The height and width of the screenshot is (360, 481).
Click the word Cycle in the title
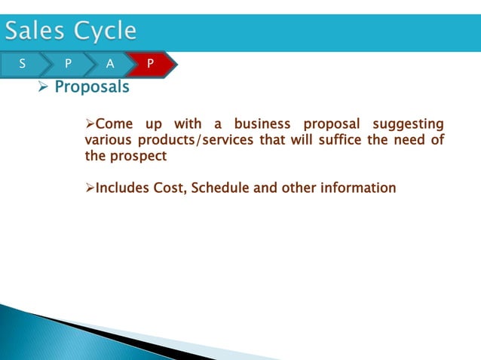pos(106,31)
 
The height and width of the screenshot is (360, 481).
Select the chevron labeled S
pos(22,65)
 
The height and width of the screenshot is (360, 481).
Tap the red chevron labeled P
pos(150,65)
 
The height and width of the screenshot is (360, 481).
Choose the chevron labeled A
pos(110,65)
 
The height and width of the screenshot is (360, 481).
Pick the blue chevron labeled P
pos(69,65)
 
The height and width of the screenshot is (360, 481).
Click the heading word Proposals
pos(92,87)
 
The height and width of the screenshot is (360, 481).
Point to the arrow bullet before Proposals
pos(43,88)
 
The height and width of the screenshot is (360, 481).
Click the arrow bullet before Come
pos(90,124)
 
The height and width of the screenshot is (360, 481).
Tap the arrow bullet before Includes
pos(90,188)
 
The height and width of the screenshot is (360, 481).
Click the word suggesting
pos(406,124)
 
